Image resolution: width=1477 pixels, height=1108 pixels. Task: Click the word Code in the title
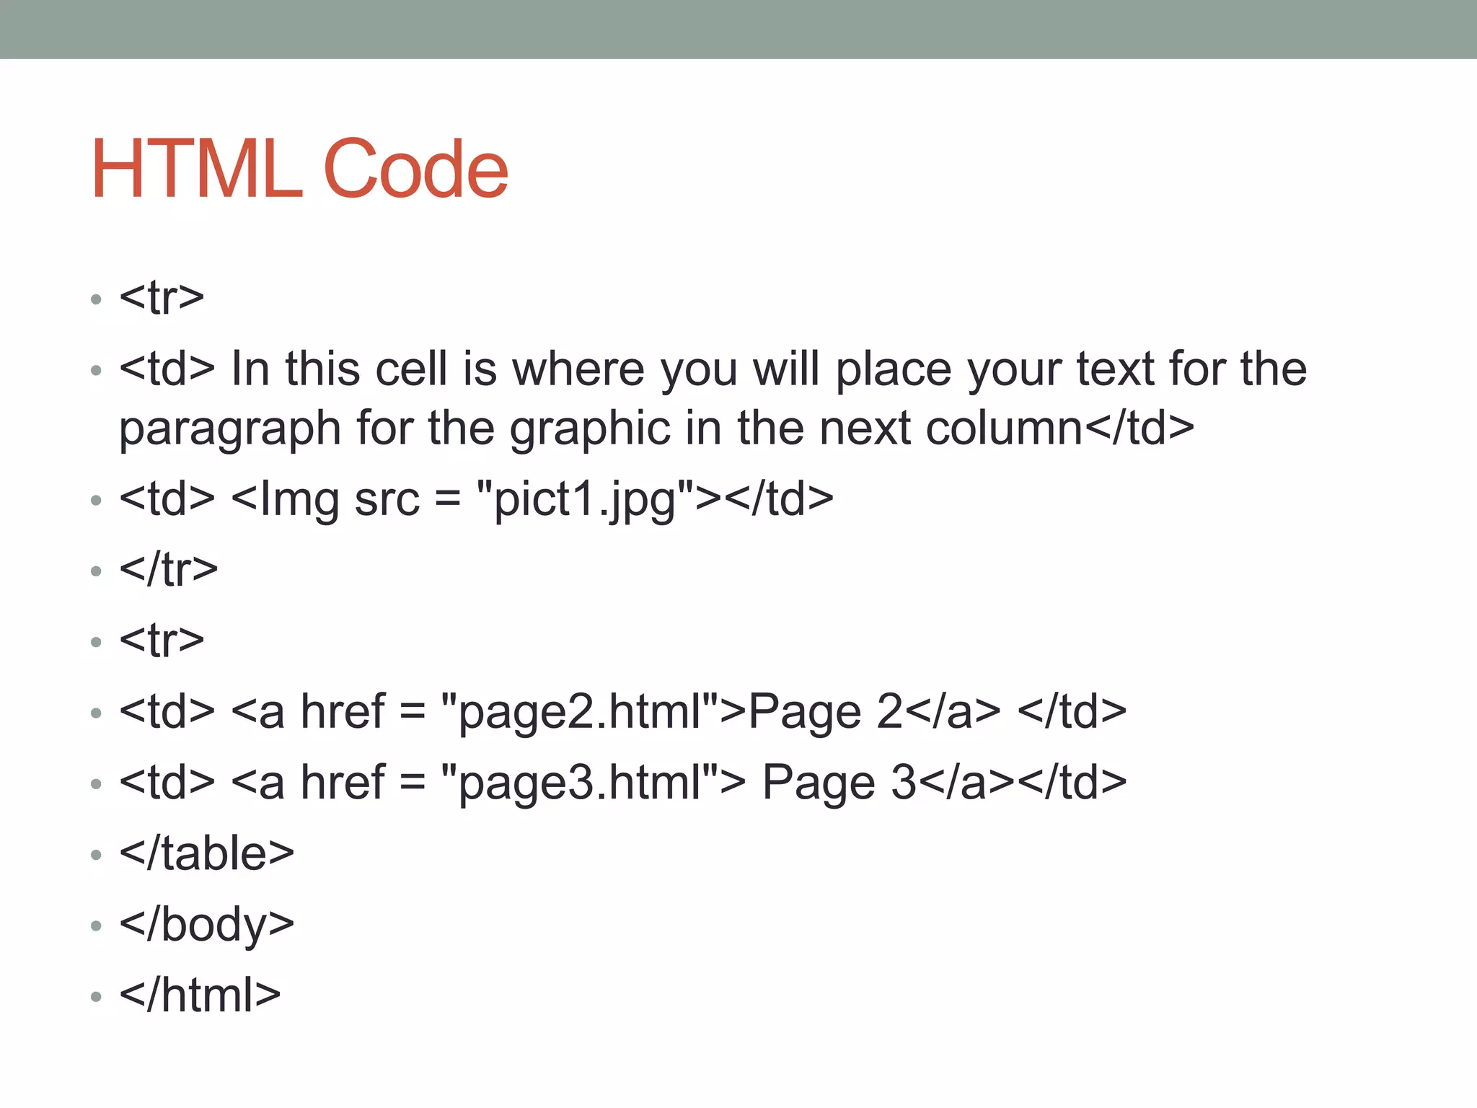(x=416, y=170)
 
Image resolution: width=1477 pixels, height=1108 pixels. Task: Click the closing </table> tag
(x=207, y=853)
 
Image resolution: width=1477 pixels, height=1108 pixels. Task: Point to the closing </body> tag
(x=207, y=924)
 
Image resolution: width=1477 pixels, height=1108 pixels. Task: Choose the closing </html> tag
(x=200, y=995)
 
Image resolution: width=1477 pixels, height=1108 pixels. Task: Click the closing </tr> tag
(x=169, y=570)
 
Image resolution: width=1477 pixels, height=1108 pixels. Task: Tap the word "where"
(x=578, y=369)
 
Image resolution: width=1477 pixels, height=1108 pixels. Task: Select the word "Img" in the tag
(x=299, y=499)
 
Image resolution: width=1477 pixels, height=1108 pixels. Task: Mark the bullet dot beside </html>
(x=97, y=997)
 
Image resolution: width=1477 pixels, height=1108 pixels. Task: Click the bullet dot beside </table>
(x=97, y=856)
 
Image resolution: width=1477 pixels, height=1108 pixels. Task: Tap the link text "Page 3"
(x=839, y=783)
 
